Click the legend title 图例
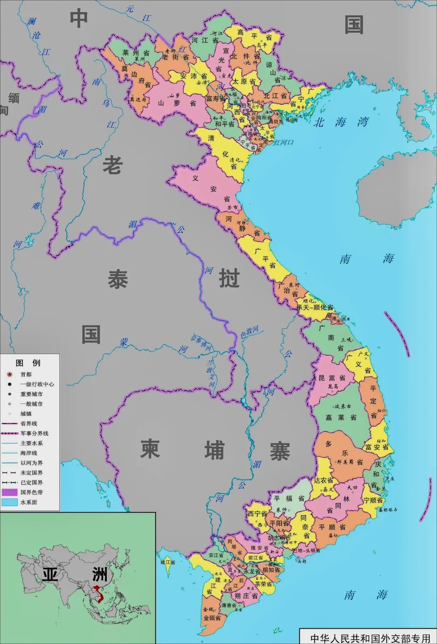(28, 363)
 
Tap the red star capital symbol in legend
(10, 374)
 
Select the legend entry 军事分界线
(34, 434)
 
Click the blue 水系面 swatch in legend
(10, 502)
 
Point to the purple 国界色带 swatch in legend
(10, 493)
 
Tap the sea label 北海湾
(341, 122)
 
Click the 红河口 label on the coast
(283, 142)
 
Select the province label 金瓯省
(212, 618)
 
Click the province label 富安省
(377, 447)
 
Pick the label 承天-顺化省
(315, 307)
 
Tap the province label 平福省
(289, 499)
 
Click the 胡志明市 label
(279, 538)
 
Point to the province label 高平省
(254, 35)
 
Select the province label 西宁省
(257, 514)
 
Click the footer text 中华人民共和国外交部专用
(370, 638)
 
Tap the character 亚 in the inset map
(50, 574)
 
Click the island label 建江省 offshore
(168, 562)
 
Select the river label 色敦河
(249, 332)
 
